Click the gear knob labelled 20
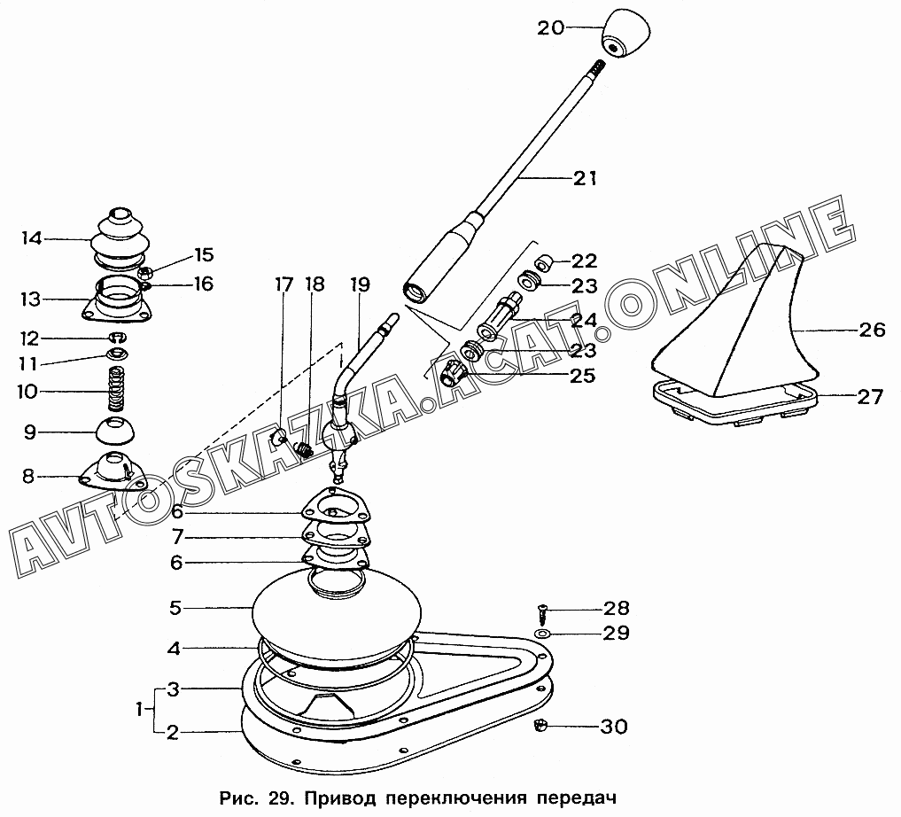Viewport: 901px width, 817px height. [x=626, y=34]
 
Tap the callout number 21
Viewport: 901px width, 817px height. [x=585, y=178]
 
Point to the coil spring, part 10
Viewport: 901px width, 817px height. [x=117, y=389]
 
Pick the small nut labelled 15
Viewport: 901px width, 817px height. [x=146, y=272]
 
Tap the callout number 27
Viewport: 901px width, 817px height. [x=869, y=396]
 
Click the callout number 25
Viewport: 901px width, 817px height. [x=582, y=376]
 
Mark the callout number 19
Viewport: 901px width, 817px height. [x=360, y=284]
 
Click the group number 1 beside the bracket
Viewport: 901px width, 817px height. [x=140, y=710]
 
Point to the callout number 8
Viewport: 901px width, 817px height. [x=28, y=477]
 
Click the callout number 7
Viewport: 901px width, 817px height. [x=177, y=537]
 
